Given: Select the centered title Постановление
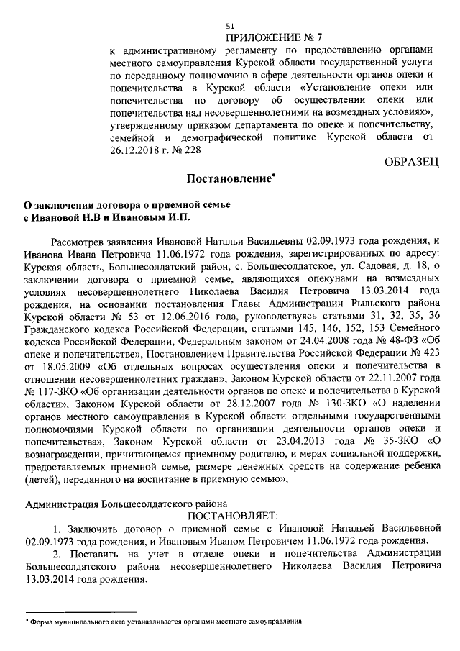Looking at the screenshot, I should [229, 178].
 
